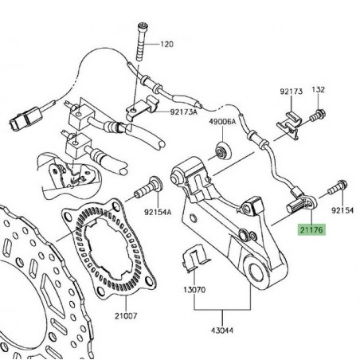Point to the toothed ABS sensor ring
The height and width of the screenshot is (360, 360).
pos(103,241)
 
